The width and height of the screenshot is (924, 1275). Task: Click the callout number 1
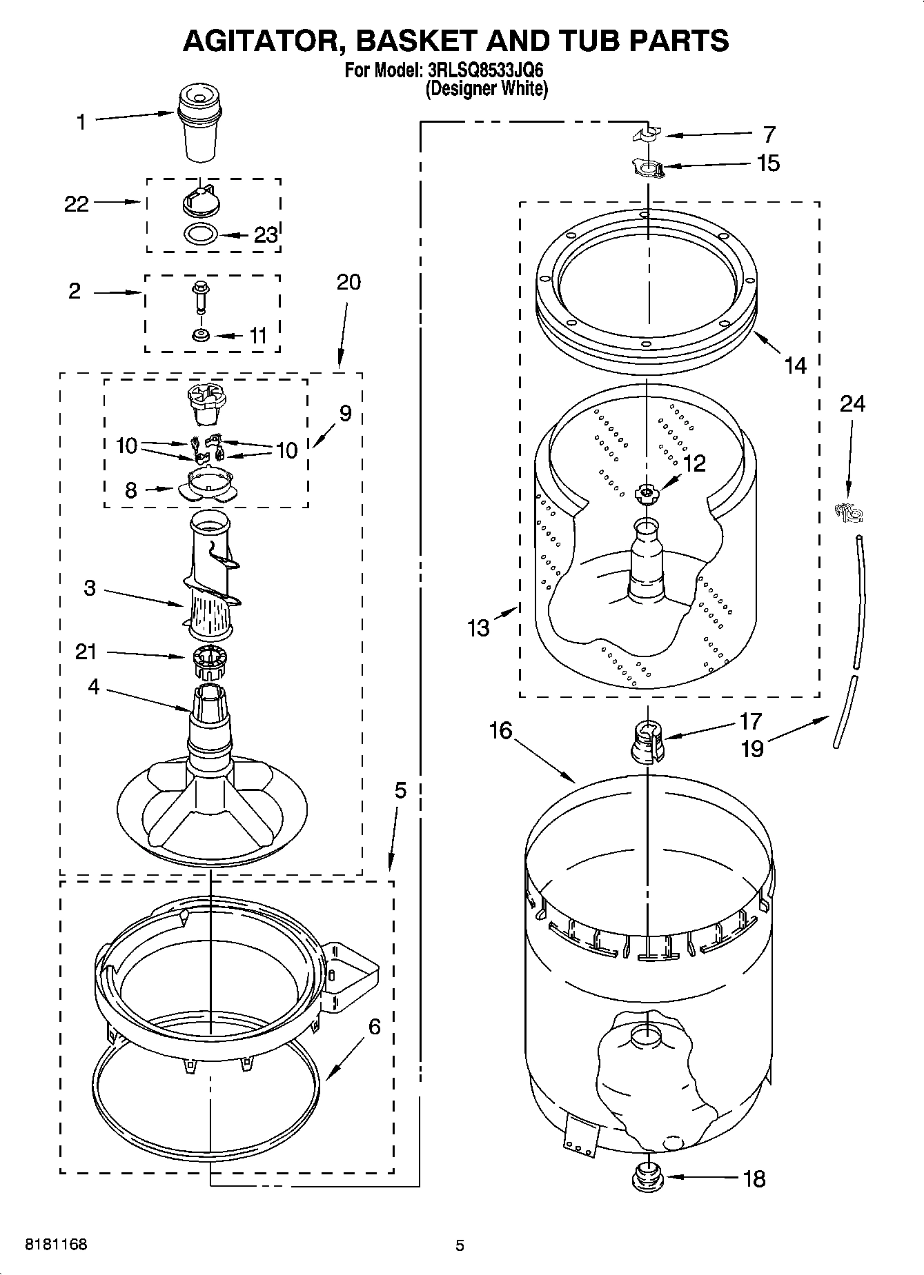81,123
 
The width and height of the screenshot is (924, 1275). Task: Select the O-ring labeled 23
200,234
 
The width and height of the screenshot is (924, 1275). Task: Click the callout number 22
77,203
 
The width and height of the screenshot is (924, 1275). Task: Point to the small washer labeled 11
201,335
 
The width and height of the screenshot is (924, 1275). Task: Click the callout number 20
348,282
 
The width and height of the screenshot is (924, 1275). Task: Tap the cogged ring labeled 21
207,663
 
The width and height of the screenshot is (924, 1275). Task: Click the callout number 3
90,588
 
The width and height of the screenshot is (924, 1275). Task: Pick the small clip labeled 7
645,134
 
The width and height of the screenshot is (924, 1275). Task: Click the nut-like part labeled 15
647,168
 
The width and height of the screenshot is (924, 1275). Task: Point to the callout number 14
795,365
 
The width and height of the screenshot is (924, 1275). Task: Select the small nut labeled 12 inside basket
647,492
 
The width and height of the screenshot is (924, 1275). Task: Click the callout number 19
752,748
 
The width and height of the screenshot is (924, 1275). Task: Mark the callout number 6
374,1027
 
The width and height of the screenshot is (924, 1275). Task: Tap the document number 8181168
56,1245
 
